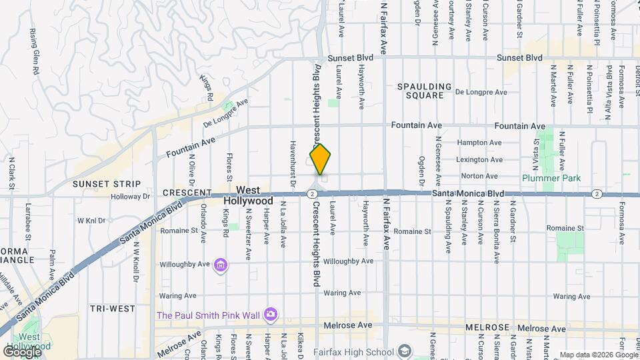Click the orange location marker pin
pos(321,159)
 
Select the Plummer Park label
pos(551,178)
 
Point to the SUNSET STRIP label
pos(107,184)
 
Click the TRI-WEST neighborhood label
pos(113,309)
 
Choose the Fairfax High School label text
pos(360,352)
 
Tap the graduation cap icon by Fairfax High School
pos(405,351)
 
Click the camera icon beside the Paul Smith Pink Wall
pos(270,314)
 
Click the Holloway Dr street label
pos(131,197)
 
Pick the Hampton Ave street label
pos(478,143)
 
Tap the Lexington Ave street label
pos(478,160)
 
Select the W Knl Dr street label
pos(92,220)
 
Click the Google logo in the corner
pos(23,351)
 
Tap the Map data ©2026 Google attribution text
pos(598,355)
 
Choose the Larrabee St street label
pos(27,224)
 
